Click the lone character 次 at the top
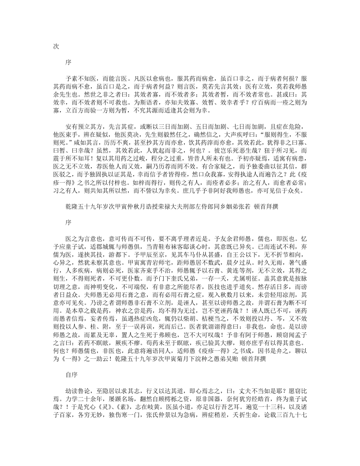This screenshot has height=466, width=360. (x=56, y=46)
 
